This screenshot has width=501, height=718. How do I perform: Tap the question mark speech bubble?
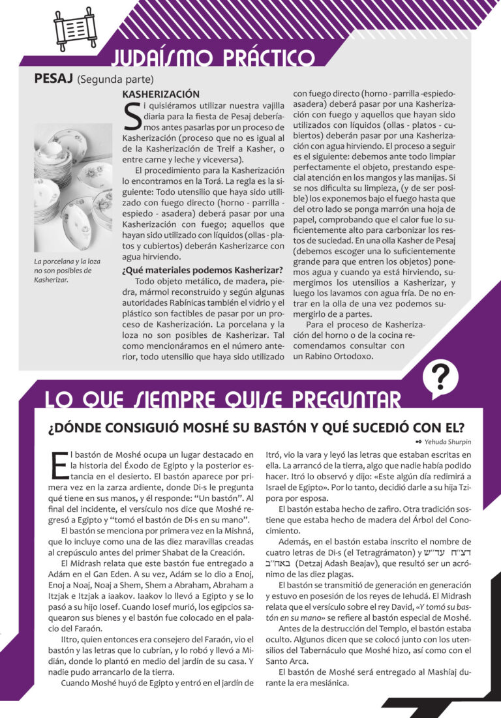coord(441,378)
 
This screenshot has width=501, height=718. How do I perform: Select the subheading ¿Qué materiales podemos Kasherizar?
coord(202,270)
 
